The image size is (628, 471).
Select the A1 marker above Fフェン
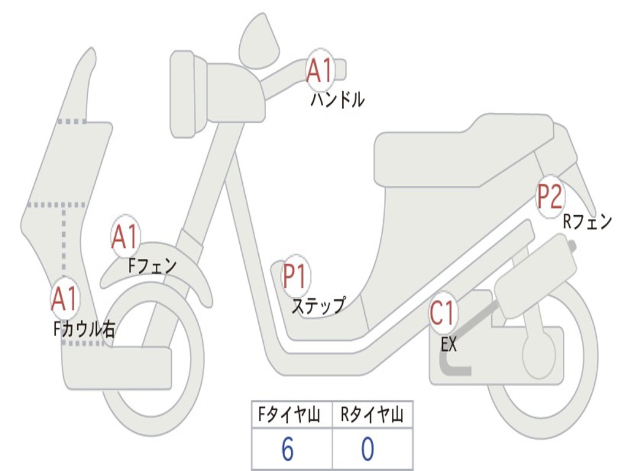click(x=126, y=237)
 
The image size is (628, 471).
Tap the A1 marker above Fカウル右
click(x=64, y=299)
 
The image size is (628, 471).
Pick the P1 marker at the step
click(x=296, y=277)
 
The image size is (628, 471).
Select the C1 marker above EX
click(x=443, y=313)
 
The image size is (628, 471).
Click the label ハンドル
click(x=337, y=99)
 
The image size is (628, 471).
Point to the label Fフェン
click(x=152, y=266)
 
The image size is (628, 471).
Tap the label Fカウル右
click(x=84, y=329)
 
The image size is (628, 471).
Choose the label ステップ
click(x=318, y=305)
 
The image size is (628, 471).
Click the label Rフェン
click(x=588, y=222)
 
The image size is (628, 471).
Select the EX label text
click(x=449, y=345)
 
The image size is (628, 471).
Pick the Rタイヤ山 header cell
click(x=372, y=416)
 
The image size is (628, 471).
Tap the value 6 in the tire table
click(x=288, y=450)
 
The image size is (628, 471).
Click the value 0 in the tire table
click(x=367, y=450)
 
